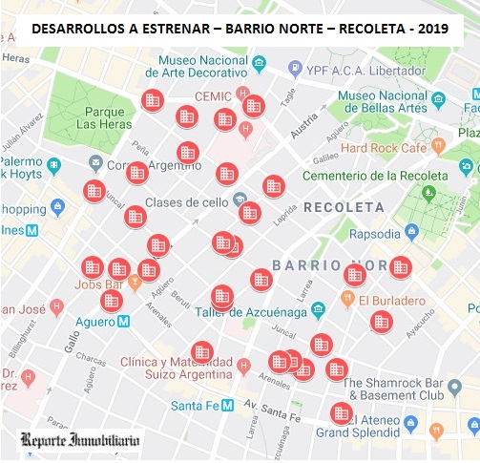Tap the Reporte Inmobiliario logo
pos(81,441)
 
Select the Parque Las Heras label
pos(98,116)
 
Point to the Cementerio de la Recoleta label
pos(374,176)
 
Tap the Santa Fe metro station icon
pos(227,405)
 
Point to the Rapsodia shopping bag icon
pos(411,232)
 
